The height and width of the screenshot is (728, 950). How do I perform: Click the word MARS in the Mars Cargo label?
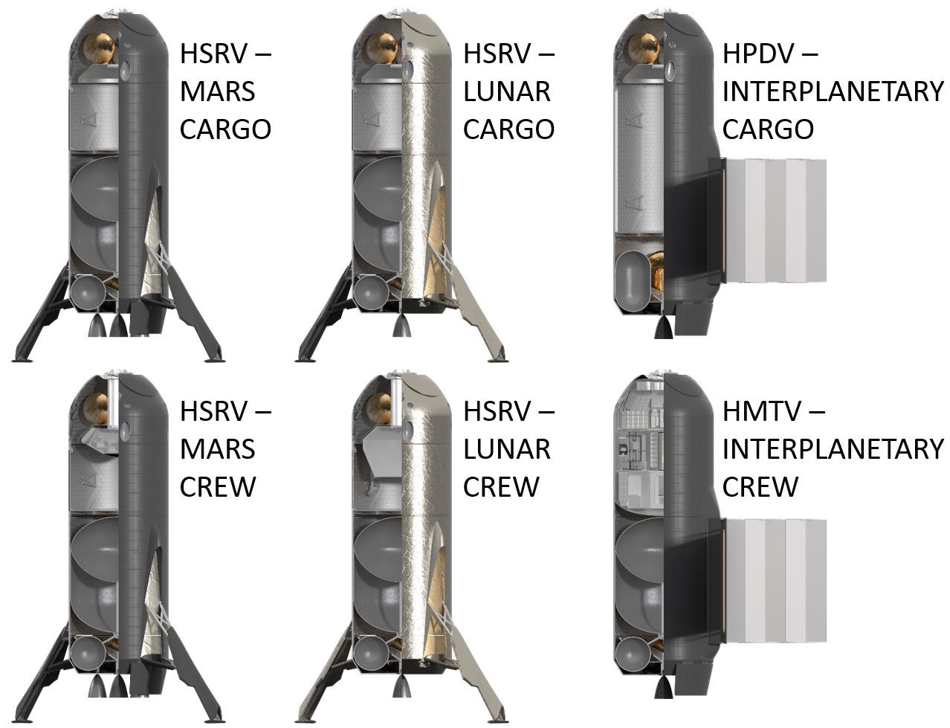[217, 91]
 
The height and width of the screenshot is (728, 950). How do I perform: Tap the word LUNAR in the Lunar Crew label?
[507, 449]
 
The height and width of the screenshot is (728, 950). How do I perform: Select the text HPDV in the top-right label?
[757, 54]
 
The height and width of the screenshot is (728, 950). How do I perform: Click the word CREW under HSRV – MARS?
[217, 486]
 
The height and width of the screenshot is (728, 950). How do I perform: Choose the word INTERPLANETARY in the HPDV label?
[833, 91]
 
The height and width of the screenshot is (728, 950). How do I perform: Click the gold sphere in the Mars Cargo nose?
[100, 48]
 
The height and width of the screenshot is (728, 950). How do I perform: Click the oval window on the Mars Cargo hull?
[126, 70]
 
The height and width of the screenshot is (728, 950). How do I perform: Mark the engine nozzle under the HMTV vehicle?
[663, 686]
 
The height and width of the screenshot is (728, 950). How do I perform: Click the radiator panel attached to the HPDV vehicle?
[768, 220]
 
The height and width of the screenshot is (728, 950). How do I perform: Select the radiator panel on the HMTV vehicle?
[768, 581]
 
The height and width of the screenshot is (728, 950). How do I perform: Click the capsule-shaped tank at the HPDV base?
[631, 283]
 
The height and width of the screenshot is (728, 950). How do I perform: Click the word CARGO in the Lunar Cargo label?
[509, 129]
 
